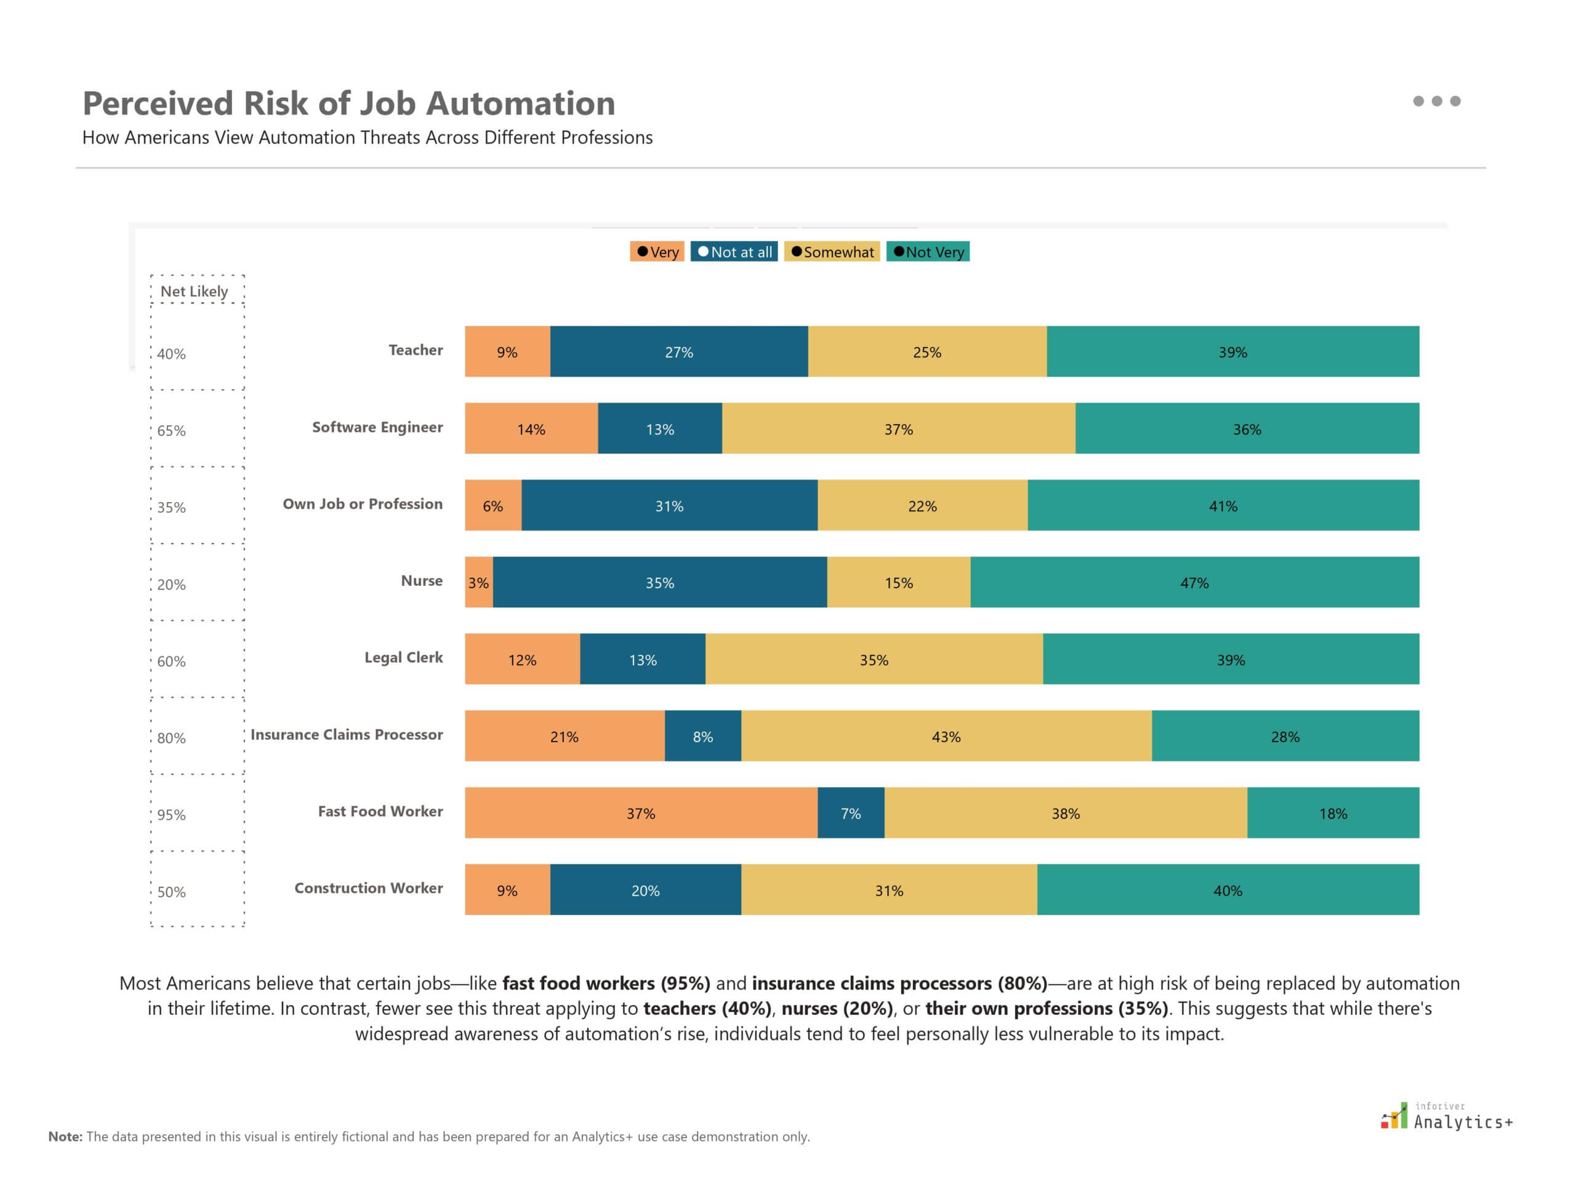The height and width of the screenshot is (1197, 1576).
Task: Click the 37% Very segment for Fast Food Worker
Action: (640, 813)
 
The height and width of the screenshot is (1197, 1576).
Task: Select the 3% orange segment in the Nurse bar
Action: (478, 582)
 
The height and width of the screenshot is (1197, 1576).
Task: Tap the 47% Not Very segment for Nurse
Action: (1194, 582)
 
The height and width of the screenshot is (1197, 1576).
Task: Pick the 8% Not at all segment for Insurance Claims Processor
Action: (702, 736)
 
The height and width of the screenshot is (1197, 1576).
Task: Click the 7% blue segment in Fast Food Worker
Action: (850, 813)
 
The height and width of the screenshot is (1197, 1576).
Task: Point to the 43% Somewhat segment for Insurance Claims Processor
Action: (946, 736)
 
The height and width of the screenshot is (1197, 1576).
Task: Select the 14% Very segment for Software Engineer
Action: (531, 428)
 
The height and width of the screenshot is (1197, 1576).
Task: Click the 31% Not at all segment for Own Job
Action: (669, 505)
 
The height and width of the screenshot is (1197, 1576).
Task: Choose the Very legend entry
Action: (656, 252)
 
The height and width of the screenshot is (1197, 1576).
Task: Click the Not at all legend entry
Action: (733, 252)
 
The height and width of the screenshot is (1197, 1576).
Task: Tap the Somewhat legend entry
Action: (831, 252)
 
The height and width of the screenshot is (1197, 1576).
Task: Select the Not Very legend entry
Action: (927, 252)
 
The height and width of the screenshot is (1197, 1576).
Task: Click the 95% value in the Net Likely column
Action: (171, 814)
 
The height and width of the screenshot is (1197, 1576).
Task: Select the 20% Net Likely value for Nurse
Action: (171, 584)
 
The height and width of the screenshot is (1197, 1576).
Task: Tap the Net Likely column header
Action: (194, 290)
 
